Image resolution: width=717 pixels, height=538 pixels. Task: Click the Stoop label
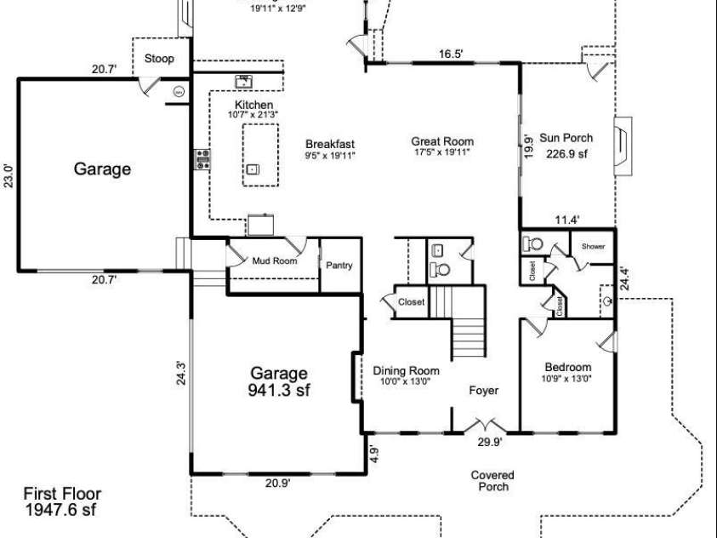159,59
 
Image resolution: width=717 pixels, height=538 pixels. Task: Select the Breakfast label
330,144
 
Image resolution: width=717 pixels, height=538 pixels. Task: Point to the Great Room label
442,141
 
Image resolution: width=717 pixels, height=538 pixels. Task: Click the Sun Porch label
566,138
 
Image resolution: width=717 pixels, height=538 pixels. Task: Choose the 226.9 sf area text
566,154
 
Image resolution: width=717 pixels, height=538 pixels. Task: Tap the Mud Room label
275,261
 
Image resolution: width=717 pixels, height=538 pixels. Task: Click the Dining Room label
406,370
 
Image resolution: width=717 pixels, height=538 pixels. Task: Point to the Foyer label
484,391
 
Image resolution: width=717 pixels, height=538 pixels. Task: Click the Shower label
593,246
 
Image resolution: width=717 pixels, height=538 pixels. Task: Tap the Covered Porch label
493,481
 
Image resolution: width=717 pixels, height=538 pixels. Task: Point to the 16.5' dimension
451,54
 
